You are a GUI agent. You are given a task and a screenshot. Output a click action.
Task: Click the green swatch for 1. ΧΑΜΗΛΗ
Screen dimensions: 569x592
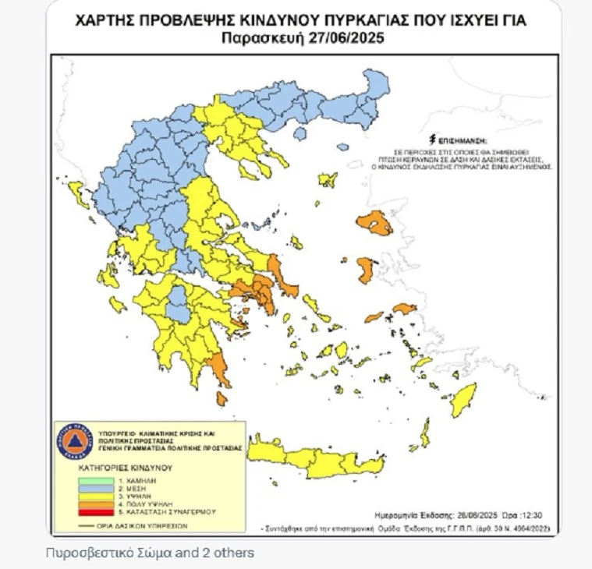tap(83, 481)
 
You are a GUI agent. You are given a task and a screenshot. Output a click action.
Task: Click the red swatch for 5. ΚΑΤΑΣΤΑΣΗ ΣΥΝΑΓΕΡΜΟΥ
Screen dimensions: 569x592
tap(83, 513)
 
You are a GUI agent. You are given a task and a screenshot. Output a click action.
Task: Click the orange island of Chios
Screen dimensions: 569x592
tap(365, 270)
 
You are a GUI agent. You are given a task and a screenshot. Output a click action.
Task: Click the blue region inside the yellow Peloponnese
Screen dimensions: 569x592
tap(178, 303)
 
